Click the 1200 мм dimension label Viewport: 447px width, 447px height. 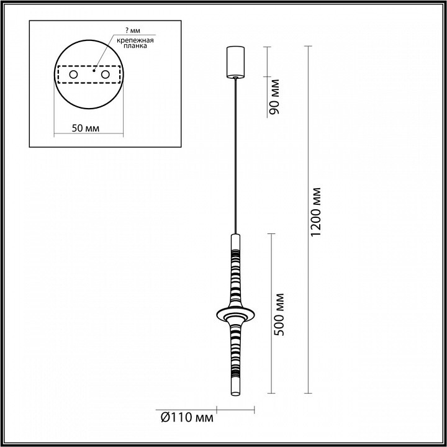coord(316,212)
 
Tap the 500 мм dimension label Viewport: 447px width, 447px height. coord(279,314)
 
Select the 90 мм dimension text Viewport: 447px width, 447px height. coord(274,97)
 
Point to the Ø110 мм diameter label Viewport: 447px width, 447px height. coord(187,418)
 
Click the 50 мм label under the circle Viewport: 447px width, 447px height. coord(86,129)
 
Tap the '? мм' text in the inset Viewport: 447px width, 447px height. coord(133,30)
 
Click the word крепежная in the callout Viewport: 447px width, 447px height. coord(135,40)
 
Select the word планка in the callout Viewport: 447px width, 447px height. coord(135,45)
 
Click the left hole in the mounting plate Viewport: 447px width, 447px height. coord(73,74)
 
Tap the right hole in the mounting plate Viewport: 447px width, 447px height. coord(105,74)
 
